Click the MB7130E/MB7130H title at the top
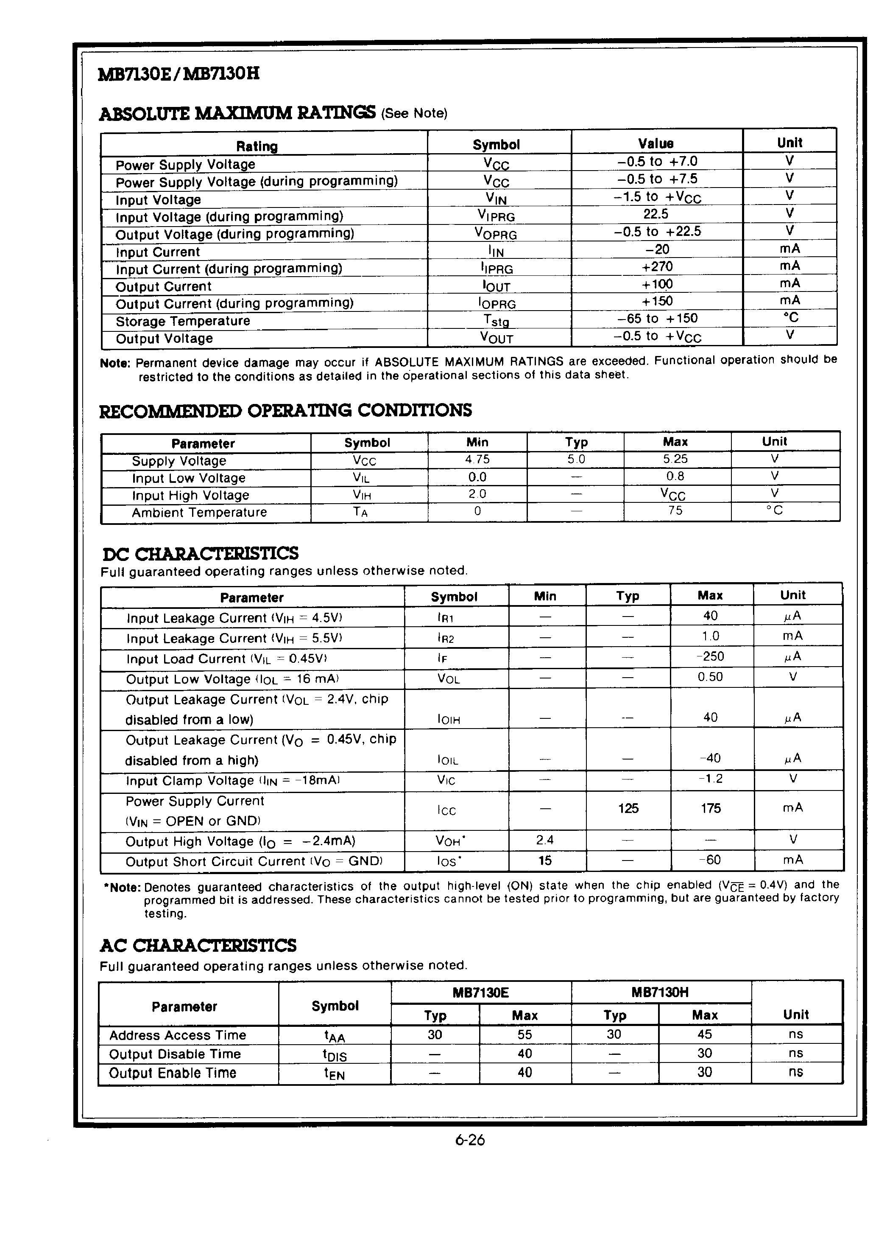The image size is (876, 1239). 179,74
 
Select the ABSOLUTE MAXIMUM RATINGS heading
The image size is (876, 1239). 237,113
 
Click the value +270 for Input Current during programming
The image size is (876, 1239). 657,266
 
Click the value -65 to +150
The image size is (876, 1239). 657,318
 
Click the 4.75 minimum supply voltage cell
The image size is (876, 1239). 477,459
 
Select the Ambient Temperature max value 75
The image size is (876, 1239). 675,510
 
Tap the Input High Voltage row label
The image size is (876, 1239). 190,495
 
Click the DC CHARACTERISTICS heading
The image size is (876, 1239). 200,554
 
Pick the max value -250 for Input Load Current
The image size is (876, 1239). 710,657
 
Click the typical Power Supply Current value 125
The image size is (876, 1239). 628,808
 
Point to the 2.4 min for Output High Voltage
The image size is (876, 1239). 545,840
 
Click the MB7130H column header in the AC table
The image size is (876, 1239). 660,992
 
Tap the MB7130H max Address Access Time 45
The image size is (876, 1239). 704,1034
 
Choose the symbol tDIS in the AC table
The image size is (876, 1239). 335,1055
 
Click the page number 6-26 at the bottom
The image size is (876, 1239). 470,1140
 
